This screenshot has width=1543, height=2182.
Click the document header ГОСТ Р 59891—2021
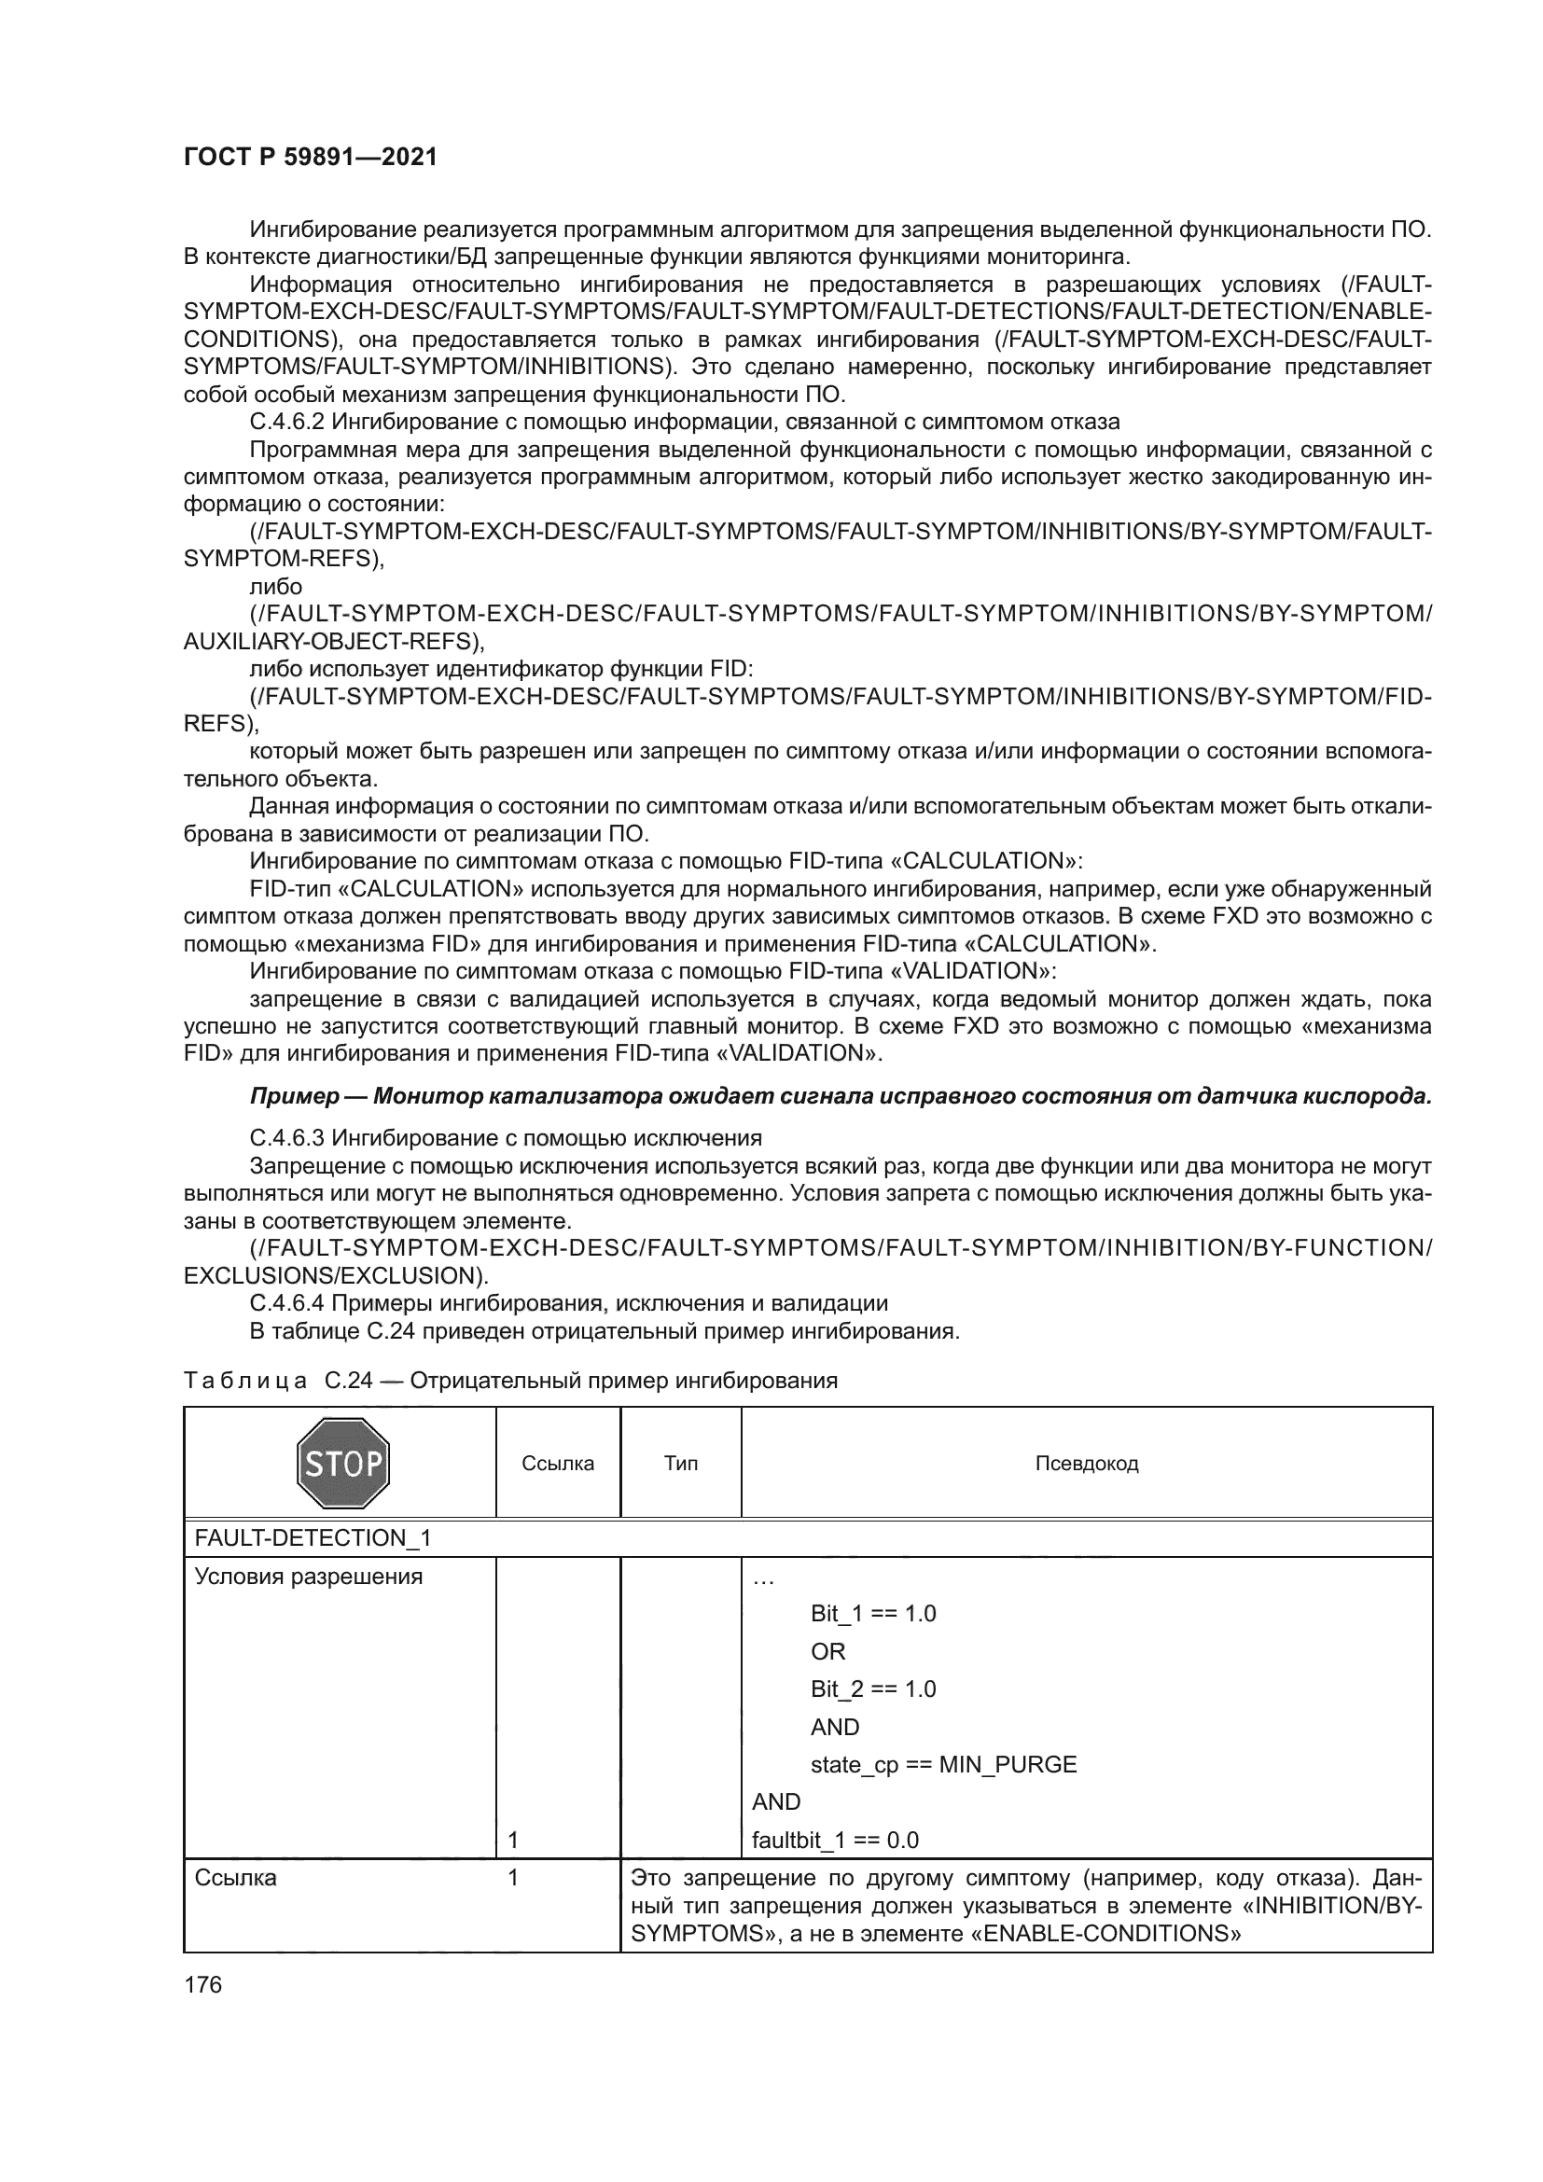point(310,158)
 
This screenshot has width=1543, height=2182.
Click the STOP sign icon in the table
point(343,1463)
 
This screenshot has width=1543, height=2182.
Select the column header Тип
point(680,1463)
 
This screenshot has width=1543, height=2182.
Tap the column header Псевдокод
point(1086,1464)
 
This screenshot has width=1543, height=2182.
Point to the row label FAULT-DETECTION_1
point(312,1538)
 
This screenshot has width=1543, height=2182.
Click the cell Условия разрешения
point(308,1577)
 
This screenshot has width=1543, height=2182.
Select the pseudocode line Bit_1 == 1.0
point(872,1614)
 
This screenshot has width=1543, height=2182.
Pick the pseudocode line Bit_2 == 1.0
point(872,1689)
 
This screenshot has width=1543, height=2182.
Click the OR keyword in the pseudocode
point(827,1652)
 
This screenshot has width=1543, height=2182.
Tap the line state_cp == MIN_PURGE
point(942,1765)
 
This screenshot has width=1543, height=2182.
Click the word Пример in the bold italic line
point(295,1096)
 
